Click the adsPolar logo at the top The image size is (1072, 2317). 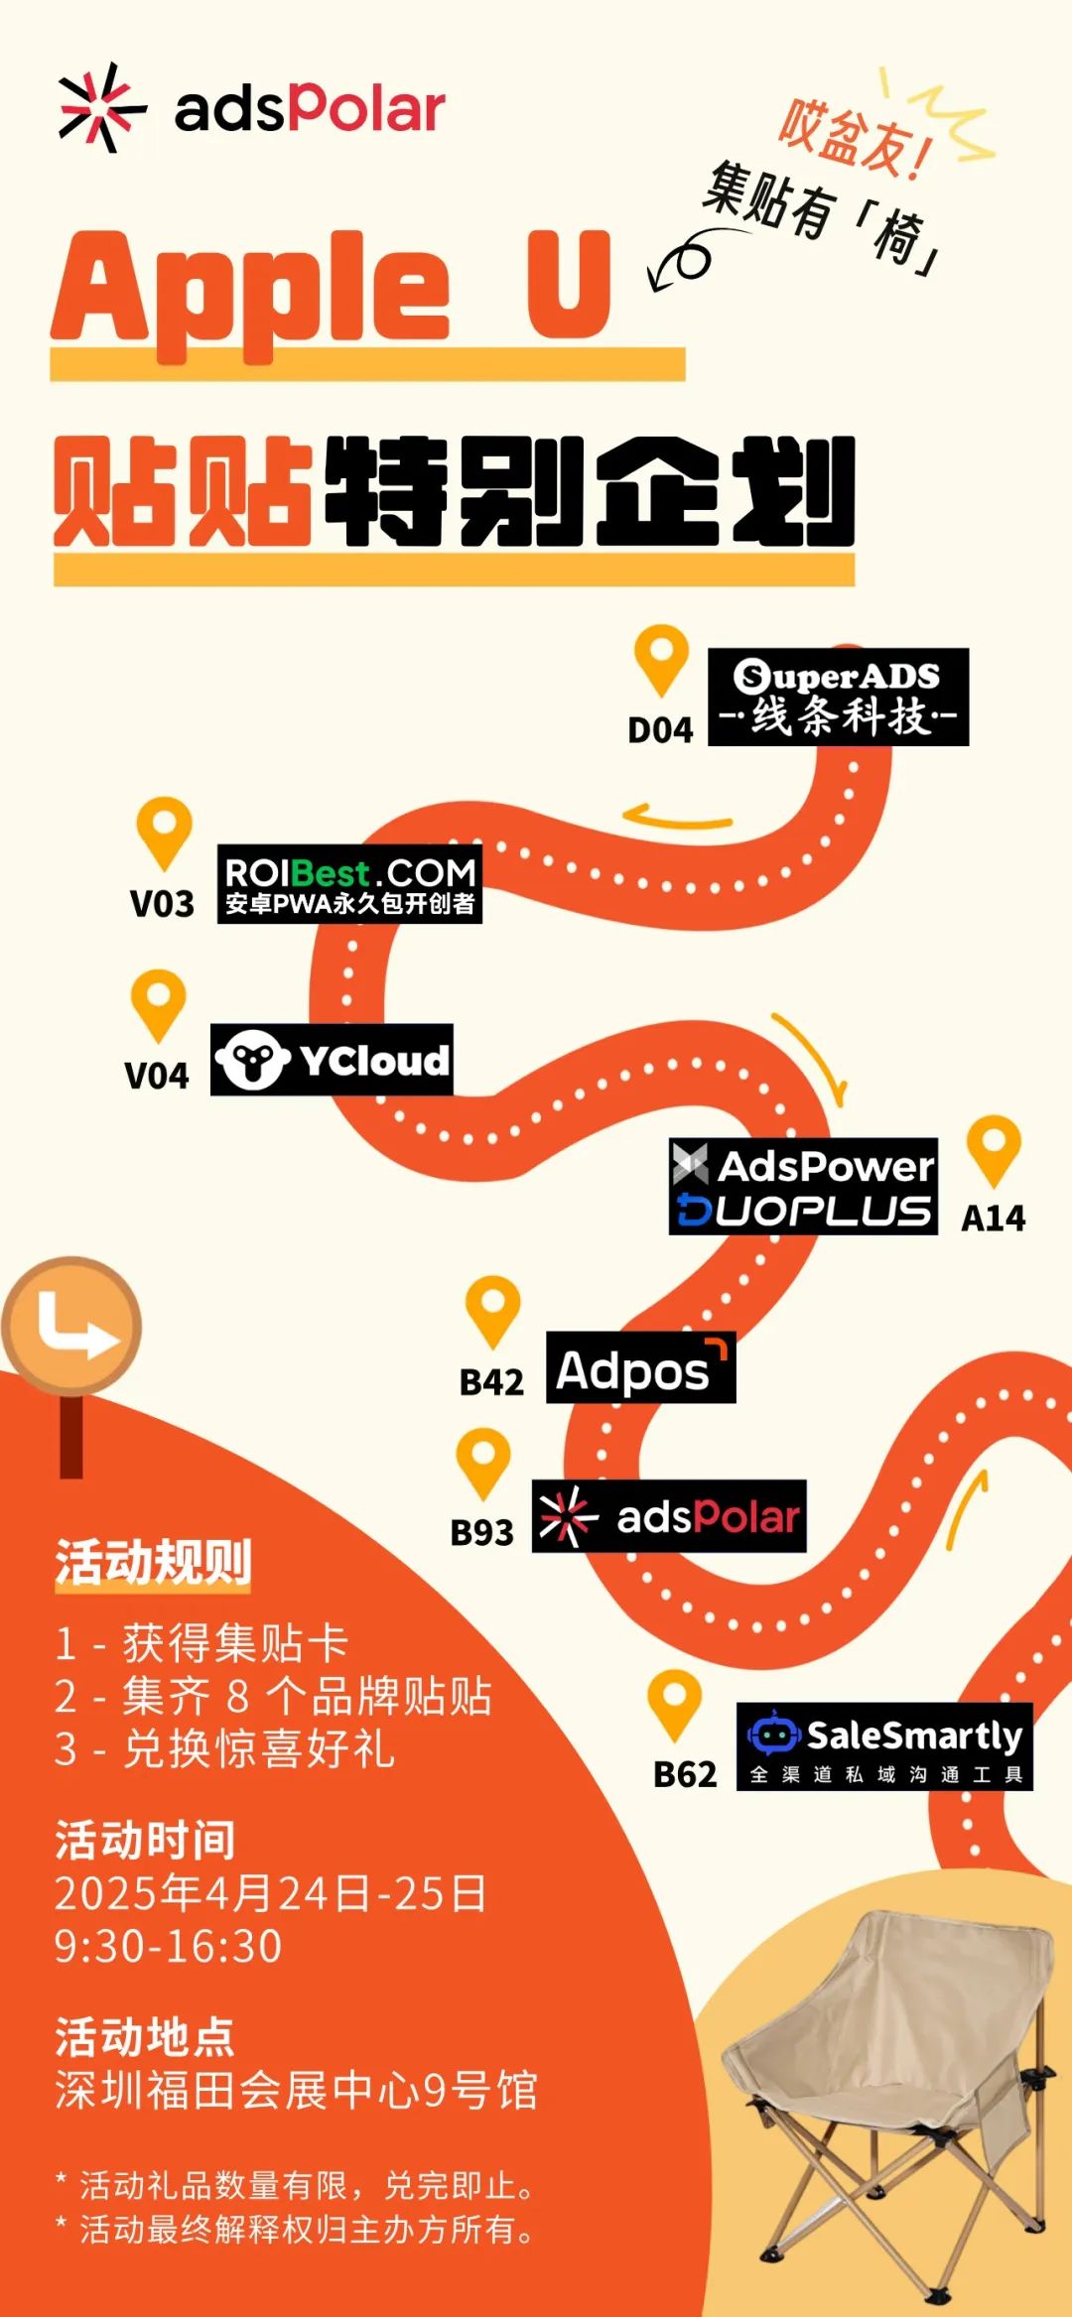[x=252, y=108]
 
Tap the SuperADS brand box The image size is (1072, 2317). [x=838, y=697]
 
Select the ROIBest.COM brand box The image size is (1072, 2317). [x=349, y=884]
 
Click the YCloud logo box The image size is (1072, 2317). [x=332, y=1060]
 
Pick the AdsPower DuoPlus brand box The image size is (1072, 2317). [x=803, y=1187]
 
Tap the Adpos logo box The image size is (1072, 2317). [x=641, y=1367]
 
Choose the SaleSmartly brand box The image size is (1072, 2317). [x=884, y=1747]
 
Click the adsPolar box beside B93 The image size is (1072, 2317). [x=669, y=1516]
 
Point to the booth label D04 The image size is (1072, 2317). [x=660, y=730]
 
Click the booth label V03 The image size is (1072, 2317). [x=162, y=904]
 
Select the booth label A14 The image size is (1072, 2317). [x=994, y=1219]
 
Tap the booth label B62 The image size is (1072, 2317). [x=685, y=1775]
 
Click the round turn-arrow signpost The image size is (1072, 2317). [x=71, y=1328]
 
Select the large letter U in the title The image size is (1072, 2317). [x=569, y=284]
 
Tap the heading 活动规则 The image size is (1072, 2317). [x=153, y=1562]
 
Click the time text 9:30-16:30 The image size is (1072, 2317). [x=168, y=1946]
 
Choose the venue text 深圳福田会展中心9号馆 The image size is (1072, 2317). [x=297, y=2091]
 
